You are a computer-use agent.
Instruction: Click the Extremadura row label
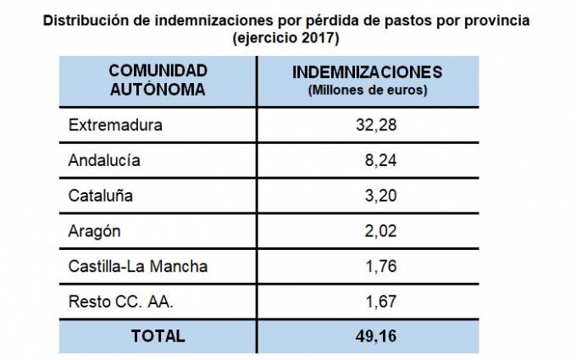[114, 125]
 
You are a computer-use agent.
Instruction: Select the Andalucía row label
[104, 160]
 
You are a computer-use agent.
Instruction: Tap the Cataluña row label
[100, 196]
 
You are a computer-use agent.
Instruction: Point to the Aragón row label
[94, 231]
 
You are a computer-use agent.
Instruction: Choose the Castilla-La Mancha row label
[137, 266]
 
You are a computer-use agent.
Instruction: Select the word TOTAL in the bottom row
[158, 335]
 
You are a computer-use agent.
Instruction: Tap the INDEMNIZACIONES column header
[367, 71]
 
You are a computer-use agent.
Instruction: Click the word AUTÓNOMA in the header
[158, 88]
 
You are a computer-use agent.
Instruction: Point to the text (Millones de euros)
[368, 89]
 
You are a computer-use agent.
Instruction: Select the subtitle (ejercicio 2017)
[287, 38]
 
